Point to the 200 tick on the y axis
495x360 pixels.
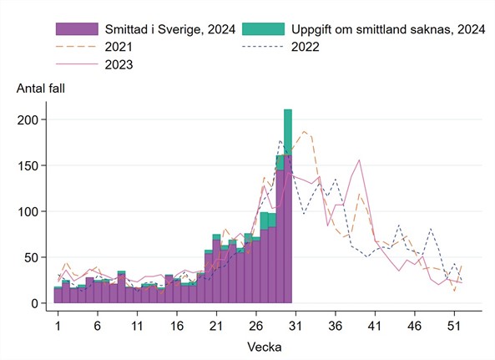pyautogui.click(x=30, y=120)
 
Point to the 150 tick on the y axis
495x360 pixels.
pyautogui.click(x=30, y=166)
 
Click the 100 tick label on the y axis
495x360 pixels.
pyautogui.click(x=30, y=212)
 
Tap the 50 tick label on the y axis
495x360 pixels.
pyautogui.click(x=33, y=257)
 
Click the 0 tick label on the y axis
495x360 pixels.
pyautogui.click(x=37, y=303)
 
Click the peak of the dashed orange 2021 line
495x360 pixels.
pyautogui.click(x=305, y=131)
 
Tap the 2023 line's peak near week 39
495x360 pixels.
pyautogui.click(x=359, y=160)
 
